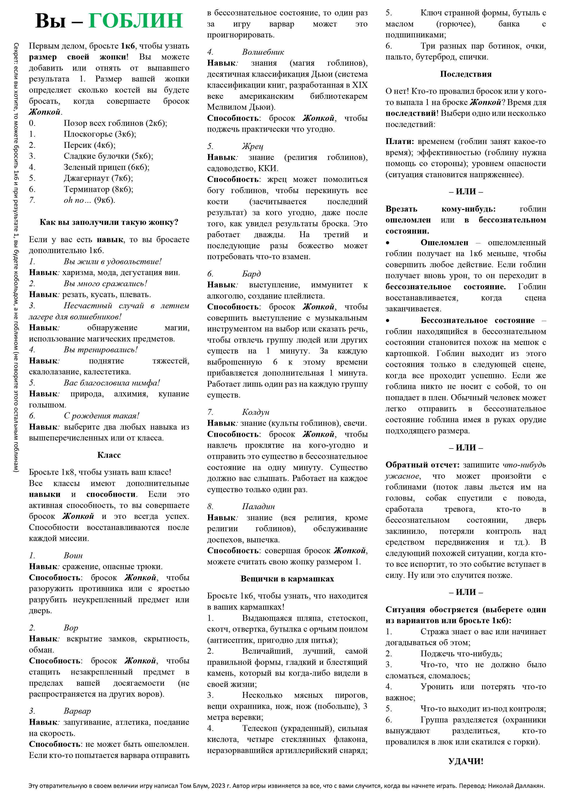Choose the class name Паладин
click(258, 507)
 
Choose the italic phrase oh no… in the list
click(74, 200)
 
